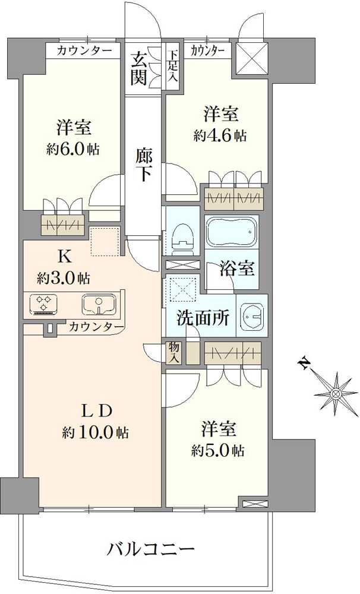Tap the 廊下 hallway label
[144, 165]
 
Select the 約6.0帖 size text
[73, 149]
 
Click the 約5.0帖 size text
[218, 450]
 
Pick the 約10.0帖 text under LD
[95, 432]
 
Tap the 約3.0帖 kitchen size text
[64, 279]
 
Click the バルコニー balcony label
[150, 548]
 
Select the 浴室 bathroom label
[237, 268]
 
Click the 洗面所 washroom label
[203, 318]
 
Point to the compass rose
[336, 394]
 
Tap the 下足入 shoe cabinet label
[173, 67]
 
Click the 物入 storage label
[173, 353]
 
